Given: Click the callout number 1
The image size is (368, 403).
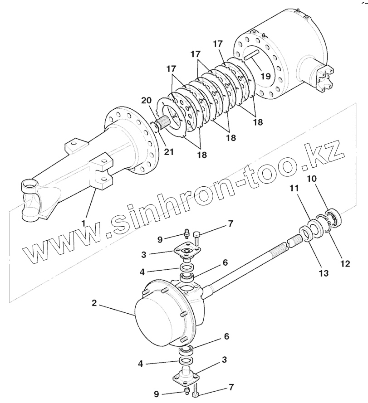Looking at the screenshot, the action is [83, 223].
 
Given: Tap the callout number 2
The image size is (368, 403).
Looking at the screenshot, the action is [94, 303].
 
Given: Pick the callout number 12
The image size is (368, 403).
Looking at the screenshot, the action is [345, 263].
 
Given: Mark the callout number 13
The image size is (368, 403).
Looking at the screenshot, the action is [324, 273].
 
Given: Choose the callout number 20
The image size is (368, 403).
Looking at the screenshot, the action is [147, 101].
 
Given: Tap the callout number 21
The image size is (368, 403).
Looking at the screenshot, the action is [168, 151].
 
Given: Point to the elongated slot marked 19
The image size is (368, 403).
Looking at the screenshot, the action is [250, 56].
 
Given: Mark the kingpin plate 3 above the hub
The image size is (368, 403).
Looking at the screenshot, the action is [186, 253].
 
